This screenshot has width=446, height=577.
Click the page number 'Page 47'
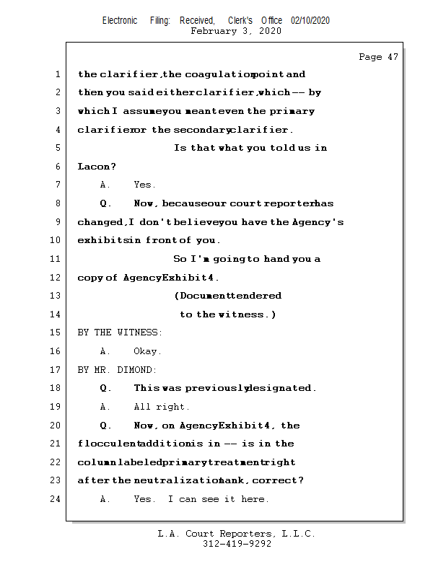point(378,57)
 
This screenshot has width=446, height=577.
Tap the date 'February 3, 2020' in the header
point(236,31)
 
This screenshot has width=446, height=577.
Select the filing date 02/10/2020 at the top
point(310,21)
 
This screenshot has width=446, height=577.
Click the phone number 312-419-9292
point(237,544)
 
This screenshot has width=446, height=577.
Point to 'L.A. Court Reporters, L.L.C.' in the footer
point(236,534)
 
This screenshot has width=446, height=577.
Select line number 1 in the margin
point(57,74)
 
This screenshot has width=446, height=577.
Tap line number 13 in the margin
point(57,296)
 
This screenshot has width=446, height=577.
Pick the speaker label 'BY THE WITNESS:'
point(120,332)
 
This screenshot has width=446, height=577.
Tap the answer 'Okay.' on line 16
point(148,351)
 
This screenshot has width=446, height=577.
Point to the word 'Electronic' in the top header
point(120,21)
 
